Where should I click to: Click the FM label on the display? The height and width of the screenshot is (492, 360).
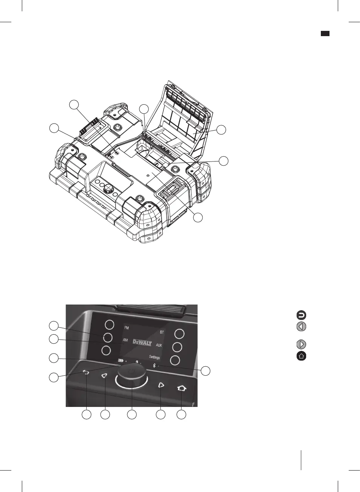click(127, 328)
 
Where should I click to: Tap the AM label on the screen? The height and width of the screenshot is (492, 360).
click(125, 340)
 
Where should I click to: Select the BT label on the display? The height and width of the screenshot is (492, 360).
click(162, 332)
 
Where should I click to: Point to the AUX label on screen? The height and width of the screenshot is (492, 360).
click(159, 345)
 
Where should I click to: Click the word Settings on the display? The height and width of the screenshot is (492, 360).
click(154, 357)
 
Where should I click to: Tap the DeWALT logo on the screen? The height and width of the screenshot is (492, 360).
click(142, 343)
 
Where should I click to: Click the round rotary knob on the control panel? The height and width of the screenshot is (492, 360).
click(131, 376)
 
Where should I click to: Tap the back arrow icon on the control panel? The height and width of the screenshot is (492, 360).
click(86, 373)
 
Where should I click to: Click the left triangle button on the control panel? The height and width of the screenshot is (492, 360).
click(104, 375)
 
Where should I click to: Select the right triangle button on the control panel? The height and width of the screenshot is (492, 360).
click(161, 385)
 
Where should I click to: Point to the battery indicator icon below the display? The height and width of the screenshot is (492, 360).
click(121, 360)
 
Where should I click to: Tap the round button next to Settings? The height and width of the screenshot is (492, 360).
click(175, 360)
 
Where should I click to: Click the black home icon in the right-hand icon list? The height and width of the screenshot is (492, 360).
click(301, 356)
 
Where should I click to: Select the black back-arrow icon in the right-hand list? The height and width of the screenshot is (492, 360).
click(301, 315)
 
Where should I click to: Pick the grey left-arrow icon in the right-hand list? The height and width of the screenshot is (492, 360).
click(301, 326)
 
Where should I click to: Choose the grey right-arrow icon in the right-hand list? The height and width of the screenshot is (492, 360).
click(301, 344)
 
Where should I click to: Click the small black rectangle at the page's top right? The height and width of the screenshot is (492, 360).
click(325, 34)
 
